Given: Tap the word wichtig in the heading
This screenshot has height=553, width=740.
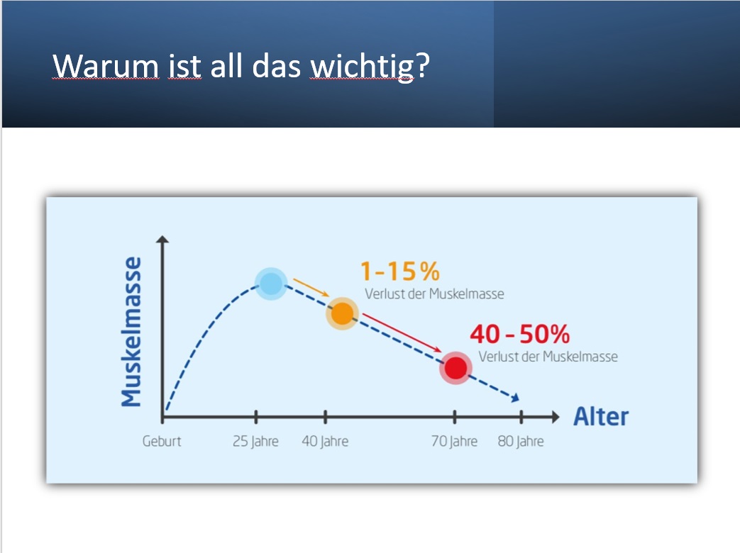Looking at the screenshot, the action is pyautogui.click(x=362, y=67).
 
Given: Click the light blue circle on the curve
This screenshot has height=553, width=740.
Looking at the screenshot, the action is pyautogui.click(x=271, y=284).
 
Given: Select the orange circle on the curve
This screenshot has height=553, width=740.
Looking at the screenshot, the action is pyautogui.click(x=342, y=313).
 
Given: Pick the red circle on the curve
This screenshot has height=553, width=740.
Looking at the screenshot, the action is pyautogui.click(x=456, y=368).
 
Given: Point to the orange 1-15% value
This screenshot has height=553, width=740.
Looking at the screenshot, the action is pyautogui.click(x=400, y=271).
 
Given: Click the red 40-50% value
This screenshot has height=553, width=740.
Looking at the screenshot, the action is pyautogui.click(x=519, y=334).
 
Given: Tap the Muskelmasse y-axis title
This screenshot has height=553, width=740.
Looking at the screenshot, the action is pyautogui.click(x=131, y=331).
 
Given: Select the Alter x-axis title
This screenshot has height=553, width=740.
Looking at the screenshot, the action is pyautogui.click(x=601, y=417).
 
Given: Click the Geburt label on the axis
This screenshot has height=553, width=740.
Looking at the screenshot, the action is pyautogui.click(x=162, y=441).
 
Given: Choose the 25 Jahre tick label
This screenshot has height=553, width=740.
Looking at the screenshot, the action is pyautogui.click(x=255, y=441).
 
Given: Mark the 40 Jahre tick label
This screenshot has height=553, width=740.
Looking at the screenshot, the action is pyautogui.click(x=325, y=441).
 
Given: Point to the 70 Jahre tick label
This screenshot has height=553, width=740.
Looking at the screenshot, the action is pyautogui.click(x=455, y=441).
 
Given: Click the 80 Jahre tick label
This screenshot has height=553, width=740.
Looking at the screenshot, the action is pyautogui.click(x=521, y=441).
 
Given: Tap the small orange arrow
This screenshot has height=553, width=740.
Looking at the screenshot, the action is pyautogui.click(x=311, y=288).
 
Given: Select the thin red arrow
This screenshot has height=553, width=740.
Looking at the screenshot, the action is pyautogui.click(x=402, y=333).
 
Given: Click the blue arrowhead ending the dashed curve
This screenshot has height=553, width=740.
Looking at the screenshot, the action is pyautogui.click(x=515, y=398).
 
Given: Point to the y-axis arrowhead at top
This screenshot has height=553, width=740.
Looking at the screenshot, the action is pyautogui.click(x=162, y=239).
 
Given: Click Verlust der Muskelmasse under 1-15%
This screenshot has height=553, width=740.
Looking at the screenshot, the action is pyautogui.click(x=434, y=294).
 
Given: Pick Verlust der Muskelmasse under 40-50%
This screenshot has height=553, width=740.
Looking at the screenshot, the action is pyautogui.click(x=548, y=357).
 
